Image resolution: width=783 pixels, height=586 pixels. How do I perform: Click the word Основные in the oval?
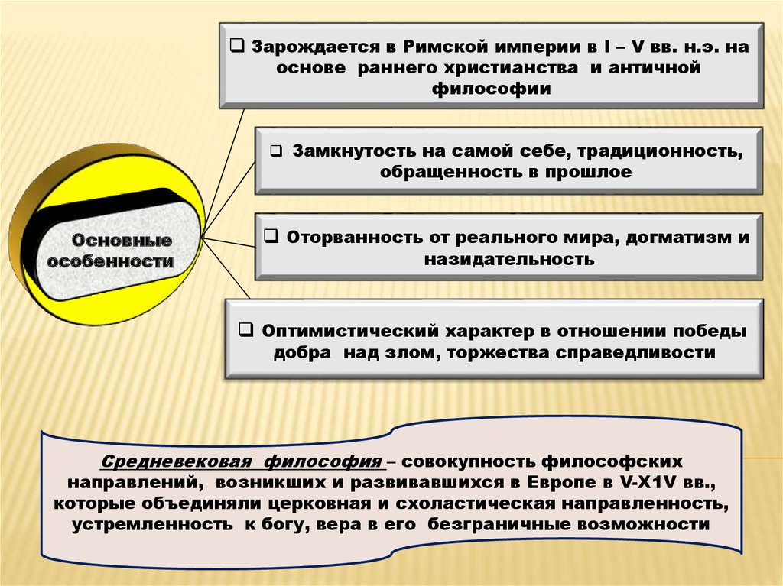point(122,241)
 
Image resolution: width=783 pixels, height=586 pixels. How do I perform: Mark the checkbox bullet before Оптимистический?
point(246,331)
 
